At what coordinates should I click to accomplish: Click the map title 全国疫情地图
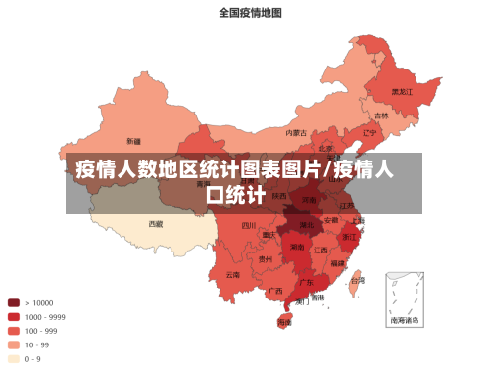click(x=250, y=13)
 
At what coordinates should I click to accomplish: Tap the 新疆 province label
click(x=132, y=141)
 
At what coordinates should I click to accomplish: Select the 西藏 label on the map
click(x=156, y=223)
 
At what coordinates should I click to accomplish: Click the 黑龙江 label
click(x=403, y=91)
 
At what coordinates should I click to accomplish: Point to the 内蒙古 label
click(x=296, y=132)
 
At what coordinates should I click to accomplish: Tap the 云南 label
click(x=232, y=275)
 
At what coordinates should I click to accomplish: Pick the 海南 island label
click(x=285, y=321)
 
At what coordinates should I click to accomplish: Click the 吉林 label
click(x=381, y=115)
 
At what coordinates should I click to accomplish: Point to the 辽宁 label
click(x=369, y=133)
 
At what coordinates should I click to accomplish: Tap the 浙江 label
click(x=350, y=237)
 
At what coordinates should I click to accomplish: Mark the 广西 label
click(x=275, y=290)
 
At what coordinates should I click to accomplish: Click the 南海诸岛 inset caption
click(x=405, y=320)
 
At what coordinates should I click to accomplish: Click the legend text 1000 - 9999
click(x=45, y=317)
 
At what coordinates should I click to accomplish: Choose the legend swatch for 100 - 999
click(x=14, y=331)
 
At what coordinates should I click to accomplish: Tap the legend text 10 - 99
click(x=37, y=344)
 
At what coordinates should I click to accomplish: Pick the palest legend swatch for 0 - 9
click(x=14, y=358)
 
